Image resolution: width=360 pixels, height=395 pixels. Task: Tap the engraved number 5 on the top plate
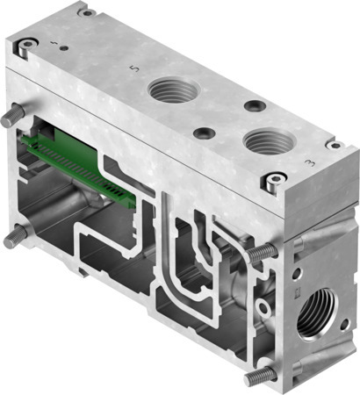tap(132, 68)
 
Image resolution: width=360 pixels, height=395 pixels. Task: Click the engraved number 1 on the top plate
tap(55, 43)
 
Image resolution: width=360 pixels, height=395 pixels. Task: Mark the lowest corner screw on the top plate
tap(274, 182)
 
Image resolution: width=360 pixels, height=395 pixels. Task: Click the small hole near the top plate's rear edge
tap(254, 106)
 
